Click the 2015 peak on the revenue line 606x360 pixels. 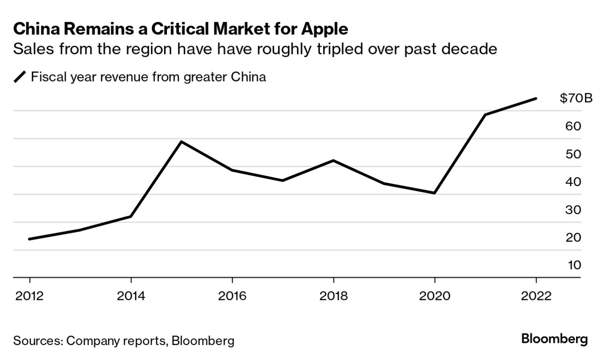pyautogui.click(x=182, y=142)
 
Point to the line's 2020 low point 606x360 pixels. pyautogui.click(x=435, y=193)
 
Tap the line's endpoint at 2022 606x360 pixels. pyautogui.click(x=536, y=98)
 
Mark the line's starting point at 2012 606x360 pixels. pyautogui.click(x=30, y=239)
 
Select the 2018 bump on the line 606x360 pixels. pyautogui.click(x=333, y=161)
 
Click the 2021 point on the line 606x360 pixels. pyautogui.click(x=485, y=114)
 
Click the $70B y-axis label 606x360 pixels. pyautogui.click(x=576, y=98)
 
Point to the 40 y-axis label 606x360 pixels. pyautogui.click(x=574, y=182)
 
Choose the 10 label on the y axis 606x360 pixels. pyautogui.click(x=574, y=265)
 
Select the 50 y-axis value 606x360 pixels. pyautogui.click(x=574, y=154)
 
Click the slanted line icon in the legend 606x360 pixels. pyautogui.click(x=20, y=77)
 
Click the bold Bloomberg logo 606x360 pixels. pyautogui.click(x=554, y=339)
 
